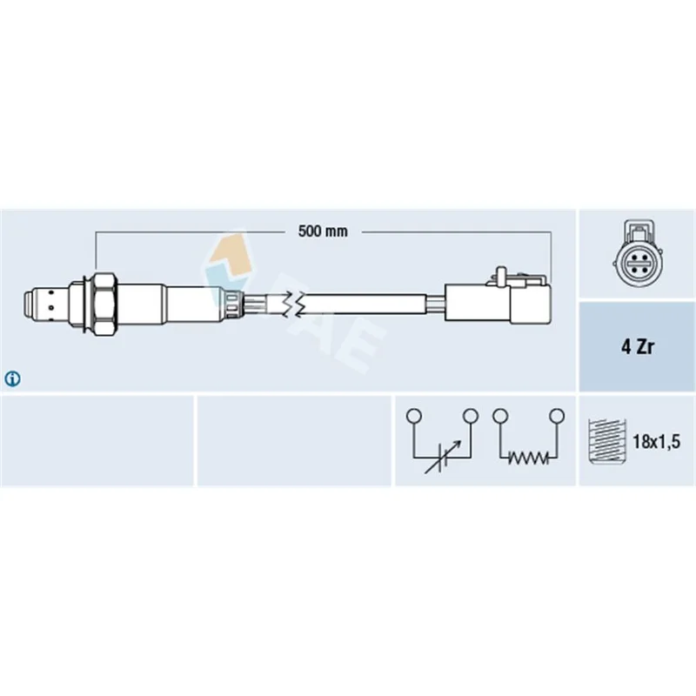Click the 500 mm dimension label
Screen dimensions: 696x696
tap(323, 231)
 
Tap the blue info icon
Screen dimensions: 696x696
tap(12, 378)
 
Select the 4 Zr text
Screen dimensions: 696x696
tap(637, 346)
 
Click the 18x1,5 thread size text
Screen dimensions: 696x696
tap(657, 441)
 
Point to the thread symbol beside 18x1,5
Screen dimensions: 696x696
tap(606, 441)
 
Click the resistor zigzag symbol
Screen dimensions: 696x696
tap(528, 458)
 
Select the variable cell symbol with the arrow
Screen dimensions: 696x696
tap(443, 458)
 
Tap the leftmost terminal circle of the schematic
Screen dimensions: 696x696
tap(414, 416)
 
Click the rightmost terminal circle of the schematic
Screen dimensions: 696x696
tap(557, 416)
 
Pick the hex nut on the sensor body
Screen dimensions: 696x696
tap(105, 304)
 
